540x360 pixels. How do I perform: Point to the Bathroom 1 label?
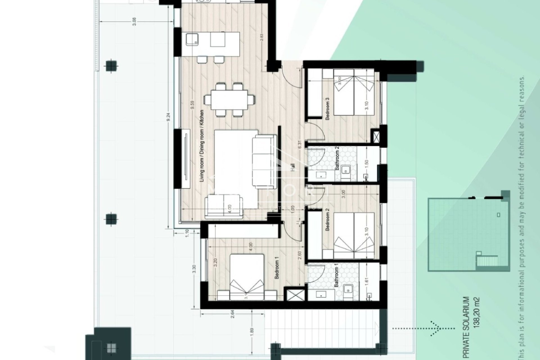click(x=336, y=277)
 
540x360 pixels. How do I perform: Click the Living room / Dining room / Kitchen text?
click(x=201, y=146)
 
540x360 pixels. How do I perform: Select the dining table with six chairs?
click(x=229, y=99)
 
